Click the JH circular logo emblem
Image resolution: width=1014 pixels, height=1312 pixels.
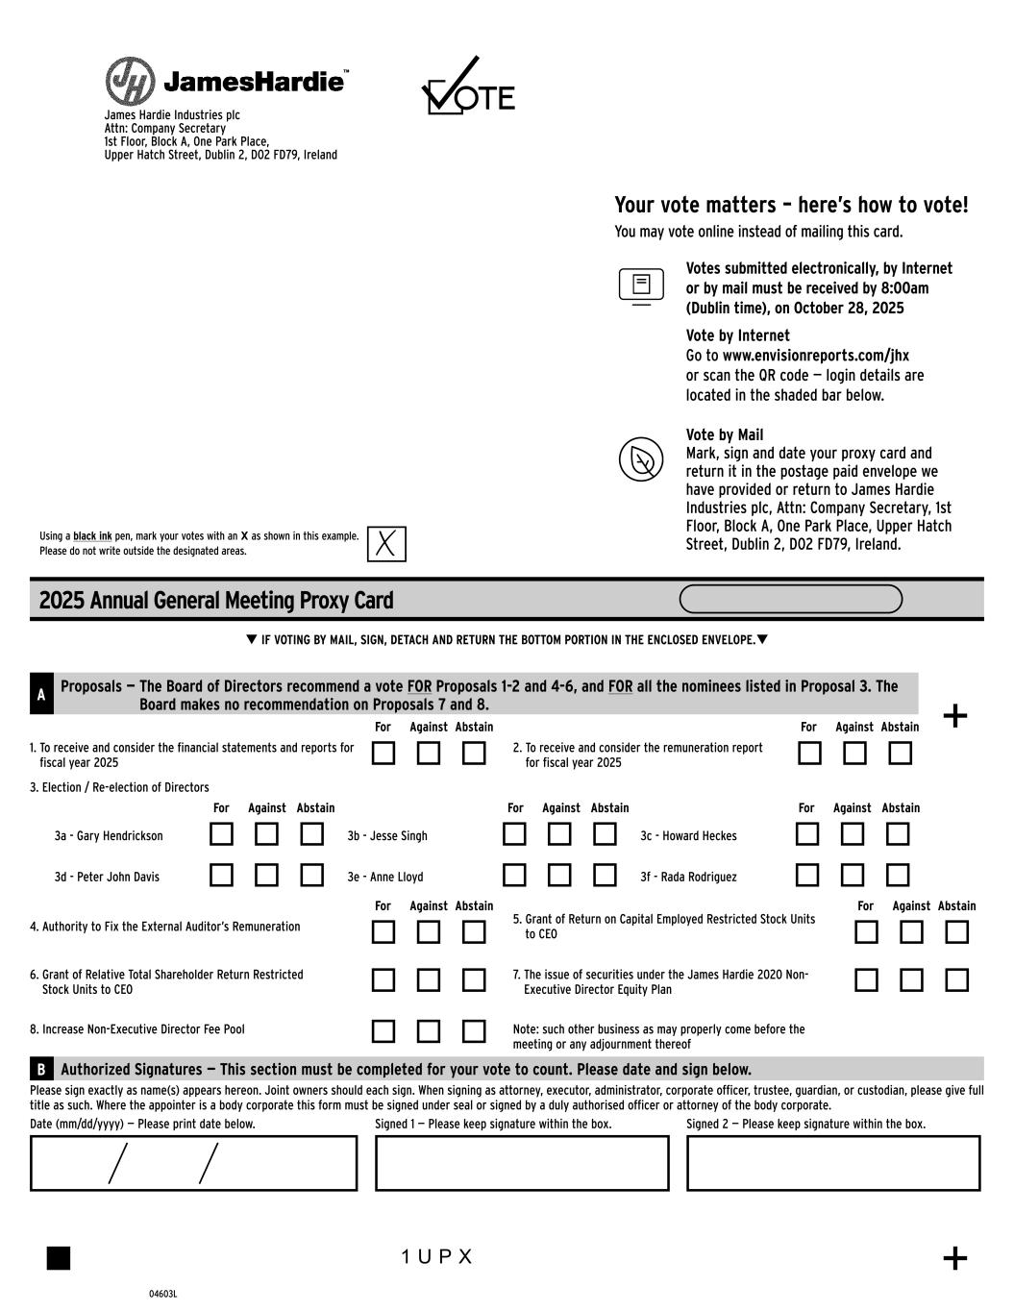[130, 82]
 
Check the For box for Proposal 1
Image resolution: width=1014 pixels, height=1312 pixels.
[383, 754]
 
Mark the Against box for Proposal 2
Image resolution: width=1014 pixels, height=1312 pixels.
[854, 754]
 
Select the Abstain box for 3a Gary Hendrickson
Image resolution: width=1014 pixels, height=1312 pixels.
[311, 834]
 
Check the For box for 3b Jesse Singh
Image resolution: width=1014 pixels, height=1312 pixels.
[515, 834]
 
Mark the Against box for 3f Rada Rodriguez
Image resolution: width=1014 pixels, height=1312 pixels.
[853, 875]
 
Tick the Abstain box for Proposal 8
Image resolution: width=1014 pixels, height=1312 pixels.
[474, 1031]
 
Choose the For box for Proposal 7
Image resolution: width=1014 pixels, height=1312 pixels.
[866, 980]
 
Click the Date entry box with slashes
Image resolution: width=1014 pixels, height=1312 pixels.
[193, 1163]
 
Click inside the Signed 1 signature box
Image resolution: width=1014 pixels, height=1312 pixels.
[522, 1163]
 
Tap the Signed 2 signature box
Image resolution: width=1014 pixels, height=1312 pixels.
[833, 1163]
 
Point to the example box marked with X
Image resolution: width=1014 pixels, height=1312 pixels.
[386, 544]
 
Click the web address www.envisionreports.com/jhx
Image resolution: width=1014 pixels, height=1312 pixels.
[815, 356]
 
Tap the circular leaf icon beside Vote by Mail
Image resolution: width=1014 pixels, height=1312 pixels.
[641, 459]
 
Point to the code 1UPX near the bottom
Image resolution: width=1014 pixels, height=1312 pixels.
[437, 1257]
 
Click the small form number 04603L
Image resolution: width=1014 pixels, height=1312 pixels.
[163, 1294]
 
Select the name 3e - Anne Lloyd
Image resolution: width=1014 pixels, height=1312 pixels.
[385, 877]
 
